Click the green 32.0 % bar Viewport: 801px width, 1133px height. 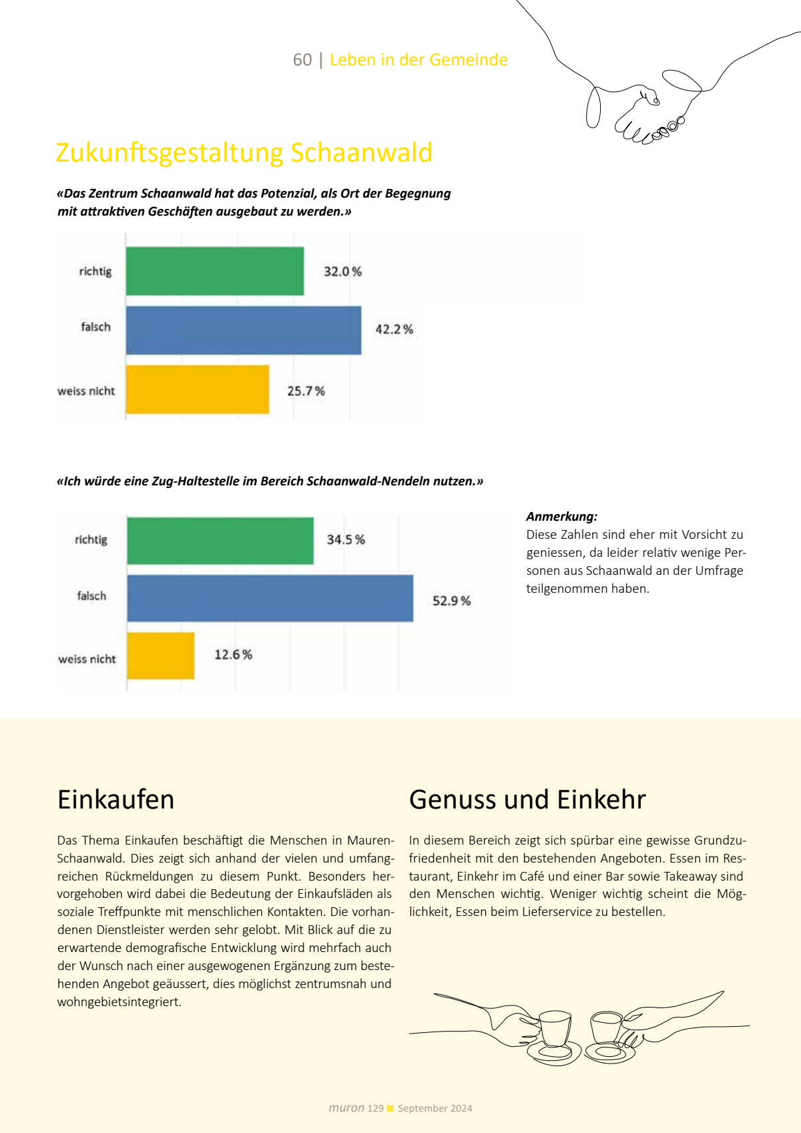tap(215, 271)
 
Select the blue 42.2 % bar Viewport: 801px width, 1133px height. tap(244, 330)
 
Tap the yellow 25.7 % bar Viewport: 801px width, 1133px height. tap(198, 389)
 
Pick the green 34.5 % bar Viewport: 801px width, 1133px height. tap(220, 541)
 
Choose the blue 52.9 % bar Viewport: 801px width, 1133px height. tap(270, 598)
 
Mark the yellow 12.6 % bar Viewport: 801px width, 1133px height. tap(161, 656)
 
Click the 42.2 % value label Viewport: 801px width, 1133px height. tap(394, 329)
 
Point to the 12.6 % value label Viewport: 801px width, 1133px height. tap(233, 655)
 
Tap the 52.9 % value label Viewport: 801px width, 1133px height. tap(451, 601)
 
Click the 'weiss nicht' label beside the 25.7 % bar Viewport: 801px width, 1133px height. tap(86, 391)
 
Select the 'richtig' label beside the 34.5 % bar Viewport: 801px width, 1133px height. tap(91, 539)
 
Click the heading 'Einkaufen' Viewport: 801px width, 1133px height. tap(116, 799)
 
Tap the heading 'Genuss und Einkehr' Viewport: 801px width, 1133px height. tap(527, 799)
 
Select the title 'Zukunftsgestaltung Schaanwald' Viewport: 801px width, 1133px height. tap(244, 152)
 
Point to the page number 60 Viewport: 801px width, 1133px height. tap(302, 60)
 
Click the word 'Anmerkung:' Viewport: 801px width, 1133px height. tap(561, 516)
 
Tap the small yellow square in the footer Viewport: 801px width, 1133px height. tap(390, 1108)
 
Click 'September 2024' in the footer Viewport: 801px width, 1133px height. tap(435, 1108)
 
